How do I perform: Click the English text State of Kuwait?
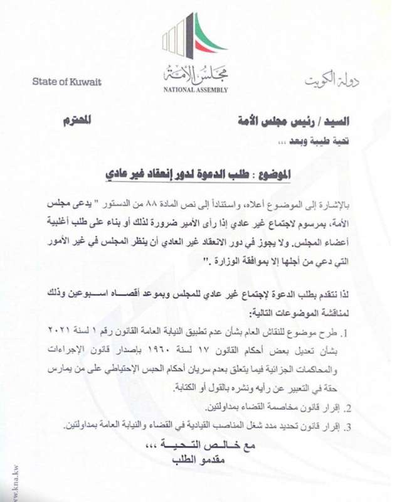[x=66, y=82]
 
